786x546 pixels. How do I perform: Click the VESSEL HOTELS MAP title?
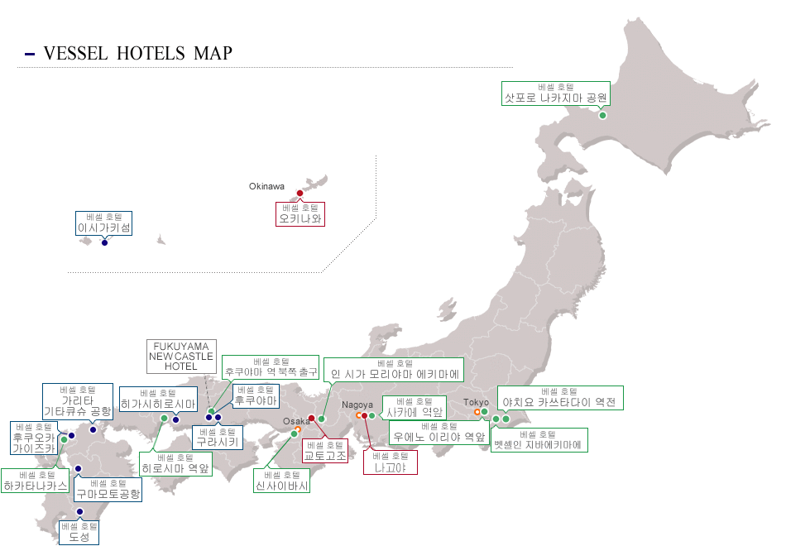tap(137, 54)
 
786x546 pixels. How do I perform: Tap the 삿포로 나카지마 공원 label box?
tap(556, 93)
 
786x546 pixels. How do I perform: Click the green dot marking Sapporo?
tap(602, 115)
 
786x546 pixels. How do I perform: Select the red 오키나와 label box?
tap(300, 214)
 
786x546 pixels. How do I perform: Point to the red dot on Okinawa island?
tap(300, 194)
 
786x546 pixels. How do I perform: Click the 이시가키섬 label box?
tap(104, 223)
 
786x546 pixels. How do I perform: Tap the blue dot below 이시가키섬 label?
tap(104, 242)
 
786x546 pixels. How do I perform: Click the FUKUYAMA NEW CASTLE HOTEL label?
tap(181, 356)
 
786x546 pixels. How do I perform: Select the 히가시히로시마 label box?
tap(158, 399)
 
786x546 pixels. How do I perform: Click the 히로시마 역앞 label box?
tap(175, 463)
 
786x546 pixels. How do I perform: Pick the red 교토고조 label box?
tap(325, 450)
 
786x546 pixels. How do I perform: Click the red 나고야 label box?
tap(391, 462)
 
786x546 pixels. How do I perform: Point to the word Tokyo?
tap(476, 402)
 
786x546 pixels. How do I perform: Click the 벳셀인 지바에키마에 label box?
tap(539, 440)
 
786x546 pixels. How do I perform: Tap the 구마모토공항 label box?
tap(108, 489)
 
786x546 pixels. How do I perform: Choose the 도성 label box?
tap(79, 532)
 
